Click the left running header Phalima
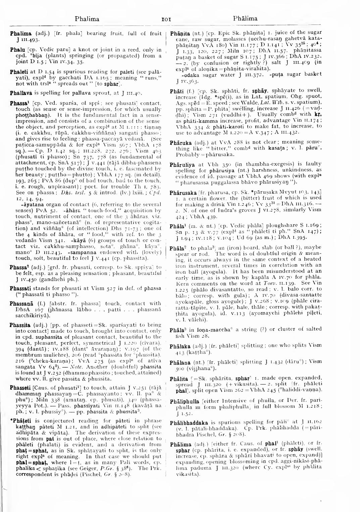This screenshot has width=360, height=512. (x=87, y=19)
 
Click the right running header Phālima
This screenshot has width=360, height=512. (x=245, y=19)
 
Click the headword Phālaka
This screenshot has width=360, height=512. (x=180, y=345)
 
